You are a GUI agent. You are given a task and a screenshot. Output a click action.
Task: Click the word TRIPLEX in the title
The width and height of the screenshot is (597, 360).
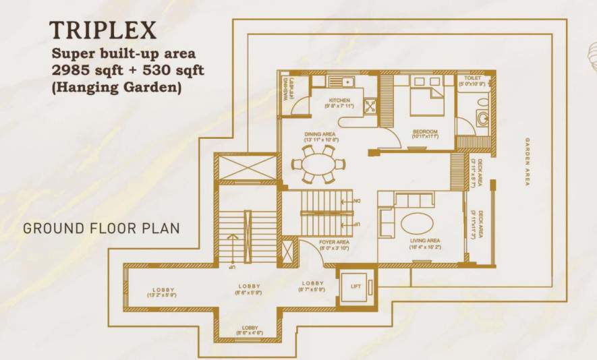pyautogui.click(x=103, y=30)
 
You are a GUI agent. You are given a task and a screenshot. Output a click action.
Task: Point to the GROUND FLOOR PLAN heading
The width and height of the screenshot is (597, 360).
pyautogui.click(x=101, y=229)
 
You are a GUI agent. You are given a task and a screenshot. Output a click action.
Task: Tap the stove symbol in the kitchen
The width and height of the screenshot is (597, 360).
pyautogui.click(x=370, y=105)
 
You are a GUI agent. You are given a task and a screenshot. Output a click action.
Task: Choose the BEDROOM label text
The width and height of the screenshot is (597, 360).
pyautogui.click(x=425, y=131)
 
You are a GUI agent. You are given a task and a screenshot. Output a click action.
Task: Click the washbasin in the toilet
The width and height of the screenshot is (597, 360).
pyautogui.click(x=484, y=119)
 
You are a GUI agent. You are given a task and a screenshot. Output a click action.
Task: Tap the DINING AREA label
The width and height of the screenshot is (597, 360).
pyautogui.click(x=320, y=135)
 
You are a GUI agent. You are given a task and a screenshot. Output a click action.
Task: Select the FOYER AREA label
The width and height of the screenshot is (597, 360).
pyautogui.click(x=333, y=242)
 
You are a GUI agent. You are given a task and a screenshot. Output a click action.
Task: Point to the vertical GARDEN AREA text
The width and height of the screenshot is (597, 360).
pyautogui.click(x=528, y=162)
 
